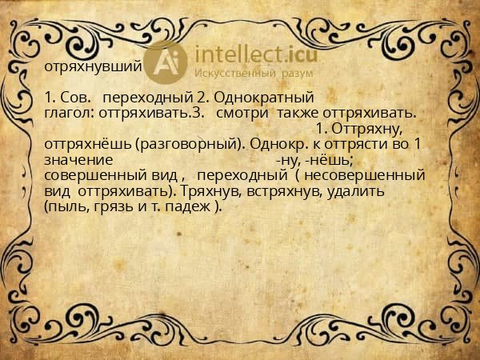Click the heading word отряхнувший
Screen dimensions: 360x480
(x=94, y=67)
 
